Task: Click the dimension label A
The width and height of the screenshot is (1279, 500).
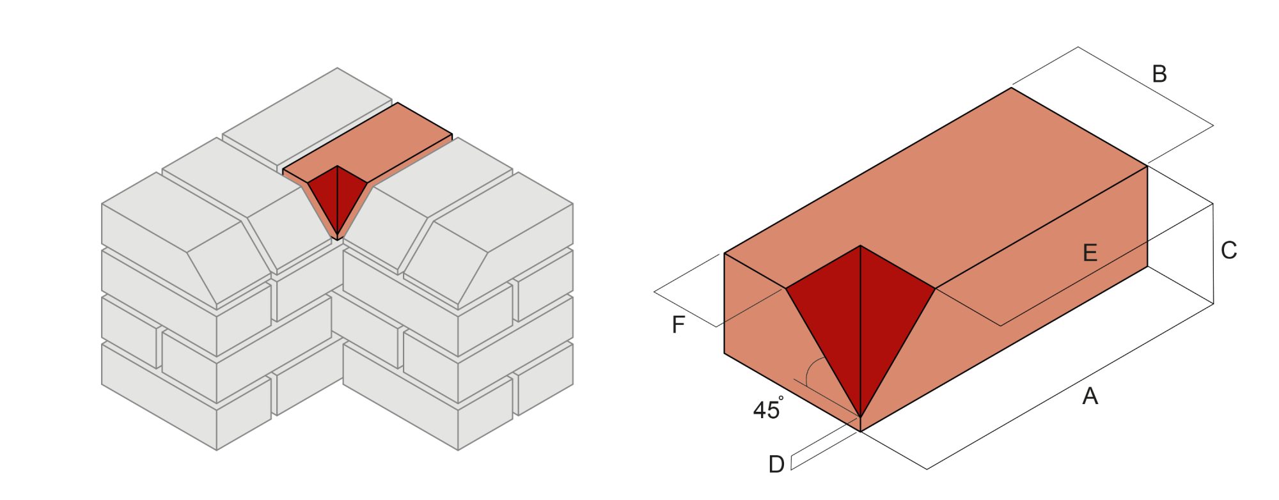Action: point(1090,396)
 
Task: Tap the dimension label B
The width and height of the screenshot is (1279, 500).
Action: point(1159,75)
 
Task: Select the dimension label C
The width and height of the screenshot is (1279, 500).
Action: point(1228,251)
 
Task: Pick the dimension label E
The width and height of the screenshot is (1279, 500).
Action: point(1090,253)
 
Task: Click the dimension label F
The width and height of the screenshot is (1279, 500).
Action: point(679,325)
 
